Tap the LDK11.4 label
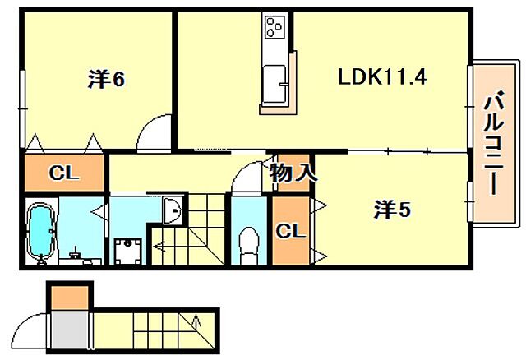coord(381,77)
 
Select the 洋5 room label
coord(391,210)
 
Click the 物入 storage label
coord(292,173)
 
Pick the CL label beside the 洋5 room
coord(291,230)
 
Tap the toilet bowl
coord(247,243)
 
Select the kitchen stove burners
coord(274,28)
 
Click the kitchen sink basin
coord(274,82)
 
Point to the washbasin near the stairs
coord(173,212)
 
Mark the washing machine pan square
coord(127,250)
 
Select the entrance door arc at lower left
coord(31,330)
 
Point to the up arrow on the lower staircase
coord(197,324)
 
